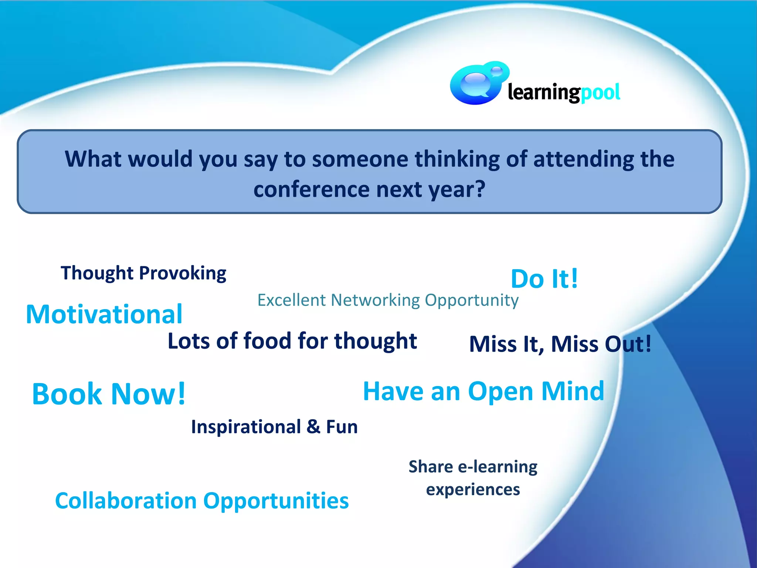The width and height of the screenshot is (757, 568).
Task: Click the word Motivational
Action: [x=104, y=315]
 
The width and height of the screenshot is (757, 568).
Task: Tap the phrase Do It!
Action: [x=544, y=279]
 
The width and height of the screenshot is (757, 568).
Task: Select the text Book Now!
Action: [x=109, y=394]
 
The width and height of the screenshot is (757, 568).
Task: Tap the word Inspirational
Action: [x=246, y=427]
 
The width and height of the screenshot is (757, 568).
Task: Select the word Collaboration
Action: [x=126, y=501]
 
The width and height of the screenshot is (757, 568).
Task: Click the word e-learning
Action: [x=498, y=467]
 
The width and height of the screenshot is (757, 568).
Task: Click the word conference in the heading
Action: [x=312, y=189]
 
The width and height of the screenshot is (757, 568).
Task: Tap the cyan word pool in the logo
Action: [x=600, y=92]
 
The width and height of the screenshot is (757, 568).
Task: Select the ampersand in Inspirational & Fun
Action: [x=313, y=427]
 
